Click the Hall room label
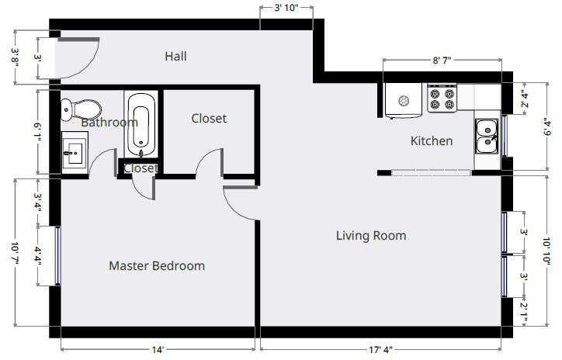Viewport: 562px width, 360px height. tap(175, 56)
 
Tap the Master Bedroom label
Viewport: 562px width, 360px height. tap(157, 266)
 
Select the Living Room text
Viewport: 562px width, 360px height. tap(371, 236)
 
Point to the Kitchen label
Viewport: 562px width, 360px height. tap(432, 140)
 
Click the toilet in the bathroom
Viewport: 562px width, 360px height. tap(81, 109)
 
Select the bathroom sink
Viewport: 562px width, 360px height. tap(75, 154)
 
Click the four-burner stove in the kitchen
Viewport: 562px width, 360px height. tap(442, 99)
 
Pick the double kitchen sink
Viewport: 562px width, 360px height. tap(487, 137)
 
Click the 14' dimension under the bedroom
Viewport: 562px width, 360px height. tap(158, 350)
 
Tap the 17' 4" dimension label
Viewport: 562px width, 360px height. tap(380, 350)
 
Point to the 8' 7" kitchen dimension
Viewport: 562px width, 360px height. tap(442, 61)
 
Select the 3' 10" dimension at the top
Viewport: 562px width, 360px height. tap(286, 8)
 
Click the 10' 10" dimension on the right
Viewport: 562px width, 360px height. tap(546, 251)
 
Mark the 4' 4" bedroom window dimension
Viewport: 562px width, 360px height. tap(38, 256)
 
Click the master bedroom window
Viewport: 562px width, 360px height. tap(57, 256)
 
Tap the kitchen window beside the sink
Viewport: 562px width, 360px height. tap(504, 136)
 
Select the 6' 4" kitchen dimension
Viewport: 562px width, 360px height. tap(546, 127)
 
